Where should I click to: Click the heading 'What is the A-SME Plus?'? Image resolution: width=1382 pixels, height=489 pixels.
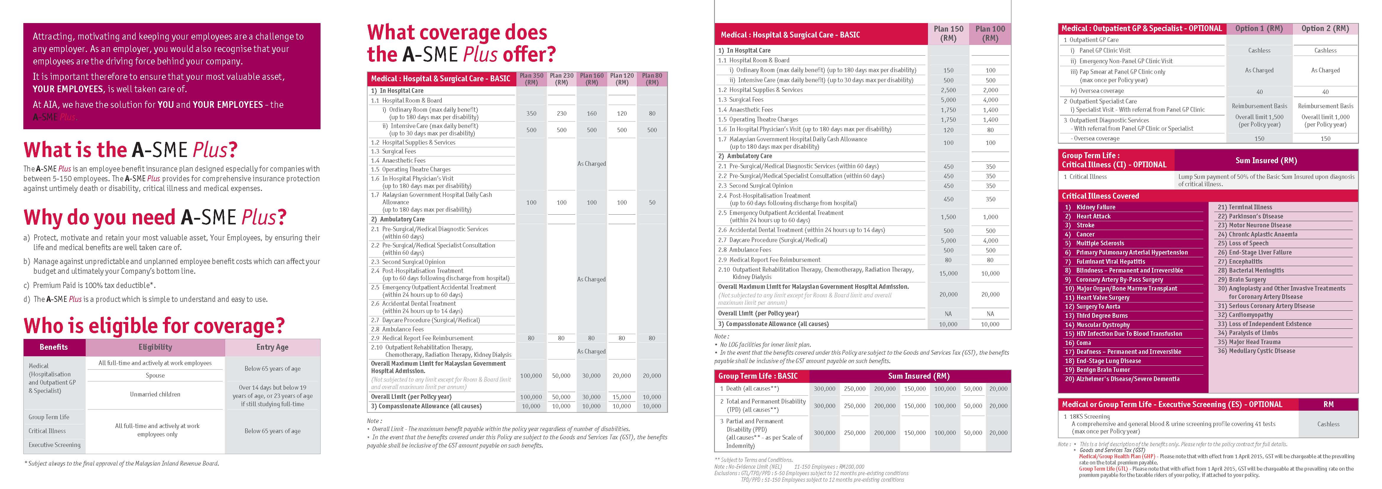point(130,150)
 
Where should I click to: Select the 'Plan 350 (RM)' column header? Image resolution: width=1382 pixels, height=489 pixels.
point(531,79)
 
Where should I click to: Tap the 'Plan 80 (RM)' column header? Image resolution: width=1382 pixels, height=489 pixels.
point(652,79)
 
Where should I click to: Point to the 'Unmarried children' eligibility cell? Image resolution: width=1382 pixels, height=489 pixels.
point(155,394)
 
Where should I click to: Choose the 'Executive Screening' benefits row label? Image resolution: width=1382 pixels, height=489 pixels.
point(54,445)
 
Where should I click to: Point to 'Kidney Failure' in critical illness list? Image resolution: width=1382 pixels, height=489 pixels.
point(1095,207)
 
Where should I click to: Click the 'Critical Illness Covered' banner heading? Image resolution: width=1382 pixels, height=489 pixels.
point(1100,196)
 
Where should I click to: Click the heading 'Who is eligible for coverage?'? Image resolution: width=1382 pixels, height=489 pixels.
point(154,326)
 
